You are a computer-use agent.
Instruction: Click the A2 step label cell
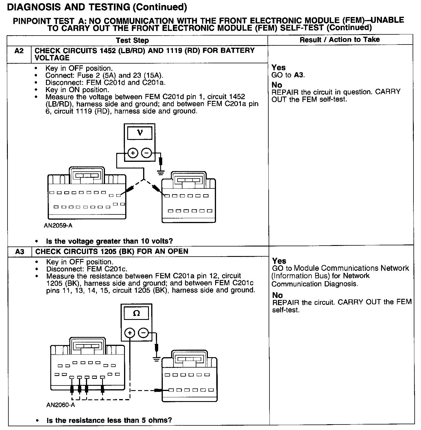19,51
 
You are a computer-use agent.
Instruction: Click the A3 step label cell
19,252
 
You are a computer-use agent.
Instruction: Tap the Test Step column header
132,40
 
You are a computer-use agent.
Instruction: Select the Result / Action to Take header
340,40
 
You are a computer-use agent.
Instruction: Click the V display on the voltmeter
140,133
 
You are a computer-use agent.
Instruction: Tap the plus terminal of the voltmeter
133,153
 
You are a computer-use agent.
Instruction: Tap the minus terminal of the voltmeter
147,153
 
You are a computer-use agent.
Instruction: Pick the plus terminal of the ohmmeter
130,333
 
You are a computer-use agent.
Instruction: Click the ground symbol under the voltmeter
161,173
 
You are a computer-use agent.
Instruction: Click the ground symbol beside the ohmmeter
156,359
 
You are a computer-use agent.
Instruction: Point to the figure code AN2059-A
58,226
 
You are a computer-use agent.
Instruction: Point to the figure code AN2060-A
60,405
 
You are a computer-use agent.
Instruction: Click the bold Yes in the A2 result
279,68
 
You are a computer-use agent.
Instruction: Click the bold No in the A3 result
278,295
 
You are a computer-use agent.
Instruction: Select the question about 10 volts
109,241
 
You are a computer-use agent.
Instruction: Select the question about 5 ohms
109,420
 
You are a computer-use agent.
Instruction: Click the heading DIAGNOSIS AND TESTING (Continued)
97,7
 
